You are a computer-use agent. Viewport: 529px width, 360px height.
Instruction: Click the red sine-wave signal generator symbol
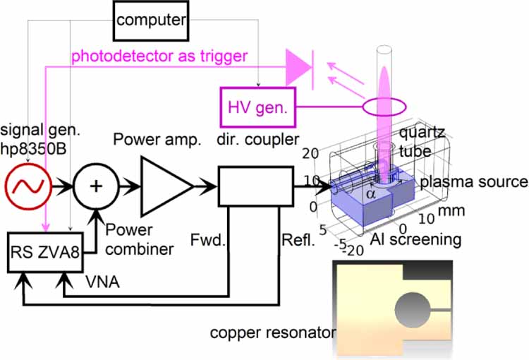(x=27, y=188)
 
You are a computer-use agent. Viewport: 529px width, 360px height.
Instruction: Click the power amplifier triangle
(x=164, y=186)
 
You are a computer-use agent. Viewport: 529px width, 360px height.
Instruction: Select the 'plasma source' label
(x=473, y=181)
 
